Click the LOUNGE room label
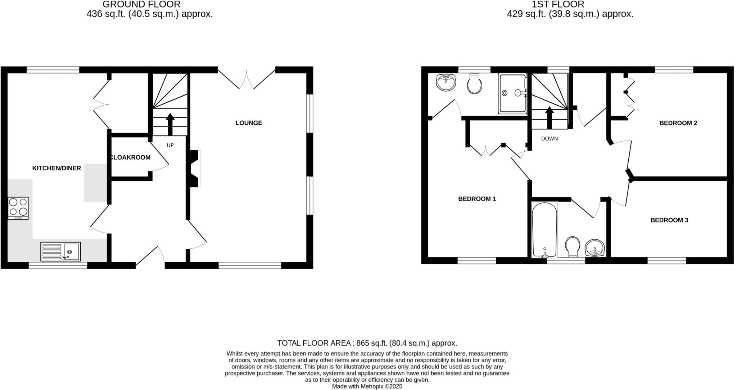249,123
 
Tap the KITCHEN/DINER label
56,168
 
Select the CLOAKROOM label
130,157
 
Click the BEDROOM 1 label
477,199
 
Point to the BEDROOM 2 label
678,123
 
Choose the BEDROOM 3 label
669,220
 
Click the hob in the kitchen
18,208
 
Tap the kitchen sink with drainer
60,251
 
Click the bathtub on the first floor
544,230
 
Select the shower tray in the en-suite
512,94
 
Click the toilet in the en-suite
474,84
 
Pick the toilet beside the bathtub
573,247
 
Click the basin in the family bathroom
594,248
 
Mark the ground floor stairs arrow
170,124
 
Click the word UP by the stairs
170,145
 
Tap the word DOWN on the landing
549,138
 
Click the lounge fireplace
195,168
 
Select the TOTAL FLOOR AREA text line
367,343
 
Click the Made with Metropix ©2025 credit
367,386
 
